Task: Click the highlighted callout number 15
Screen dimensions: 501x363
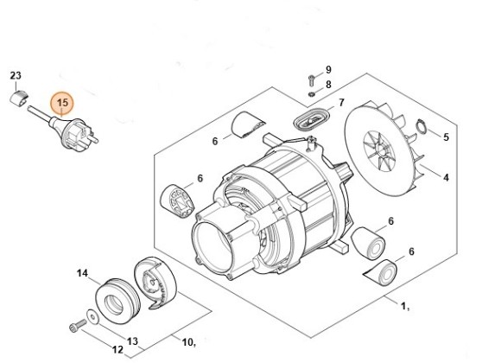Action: [x=62, y=103]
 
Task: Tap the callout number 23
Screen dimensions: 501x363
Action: [x=16, y=75]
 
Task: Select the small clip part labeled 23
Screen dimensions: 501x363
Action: [x=18, y=98]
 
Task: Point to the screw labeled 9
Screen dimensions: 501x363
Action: [x=311, y=80]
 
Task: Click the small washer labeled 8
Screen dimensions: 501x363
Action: [x=311, y=93]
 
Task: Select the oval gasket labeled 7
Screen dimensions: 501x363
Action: [x=309, y=120]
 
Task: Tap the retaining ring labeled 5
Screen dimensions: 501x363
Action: [x=422, y=126]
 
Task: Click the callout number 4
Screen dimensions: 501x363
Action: [x=446, y=177]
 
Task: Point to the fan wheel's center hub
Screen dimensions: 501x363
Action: [x=379, y=150]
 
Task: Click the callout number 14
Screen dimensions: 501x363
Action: [x=82, y=273]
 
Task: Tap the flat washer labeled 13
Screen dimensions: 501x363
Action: [x=93, y=316]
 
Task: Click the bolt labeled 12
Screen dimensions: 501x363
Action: [x=78, y=326]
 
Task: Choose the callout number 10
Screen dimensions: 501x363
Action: [x=187, y=342]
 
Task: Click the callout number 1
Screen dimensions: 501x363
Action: [x=404, y=306]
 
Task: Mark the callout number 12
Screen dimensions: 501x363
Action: [x=117, y=349]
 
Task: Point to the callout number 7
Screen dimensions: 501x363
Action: [x=341, y=103]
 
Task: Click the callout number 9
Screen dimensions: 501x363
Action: [x=328, y=69]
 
